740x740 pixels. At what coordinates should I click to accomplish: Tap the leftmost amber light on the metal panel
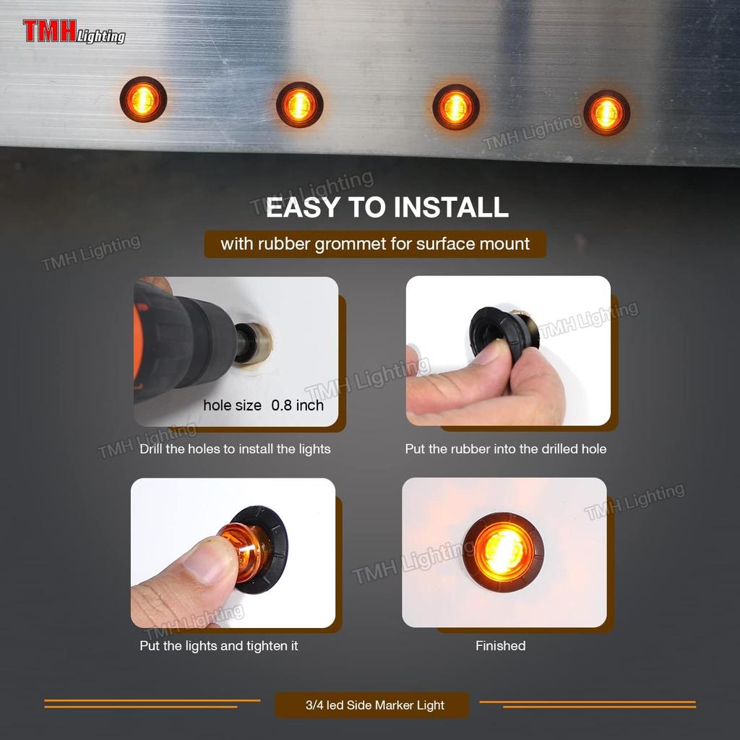point(143,100)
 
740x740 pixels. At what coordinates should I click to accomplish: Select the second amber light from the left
point(299,106)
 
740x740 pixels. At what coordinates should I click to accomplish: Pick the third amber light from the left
point(455,107)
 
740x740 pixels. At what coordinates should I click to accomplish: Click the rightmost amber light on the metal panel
point(606,112)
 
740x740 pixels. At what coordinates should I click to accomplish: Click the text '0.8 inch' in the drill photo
point(297,405)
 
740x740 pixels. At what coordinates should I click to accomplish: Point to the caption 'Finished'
point(500,645)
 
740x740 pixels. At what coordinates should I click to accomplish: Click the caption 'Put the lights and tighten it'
point(218,645)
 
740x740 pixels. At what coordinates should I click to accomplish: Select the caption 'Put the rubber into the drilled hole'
point(505,449)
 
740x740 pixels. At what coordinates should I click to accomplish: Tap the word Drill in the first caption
point(154,449)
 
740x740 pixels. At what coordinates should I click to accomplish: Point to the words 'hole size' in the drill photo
point(232,405)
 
